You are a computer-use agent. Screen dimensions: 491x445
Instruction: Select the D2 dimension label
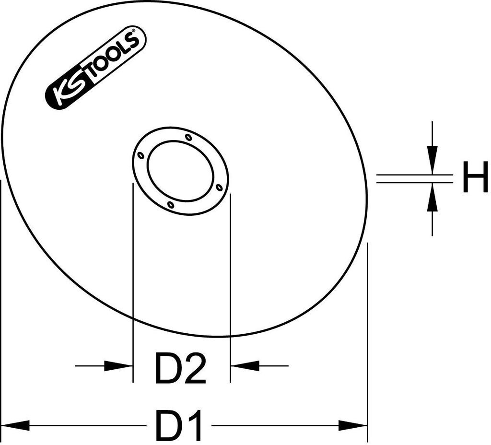tap(181, 369)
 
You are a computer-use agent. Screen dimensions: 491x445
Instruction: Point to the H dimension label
tap(475, 178)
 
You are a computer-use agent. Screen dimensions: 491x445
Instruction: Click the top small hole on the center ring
tap(188, 137)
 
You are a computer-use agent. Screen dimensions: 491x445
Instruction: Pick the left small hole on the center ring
tap(140, 155)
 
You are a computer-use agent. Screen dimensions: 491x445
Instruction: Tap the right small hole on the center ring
tap(219, 187)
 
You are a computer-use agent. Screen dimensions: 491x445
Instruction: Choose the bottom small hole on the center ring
tap(171, 205)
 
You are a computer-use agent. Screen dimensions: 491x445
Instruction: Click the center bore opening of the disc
tap(180, 171)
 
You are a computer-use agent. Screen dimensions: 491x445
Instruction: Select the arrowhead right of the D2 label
tap(245, 365)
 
